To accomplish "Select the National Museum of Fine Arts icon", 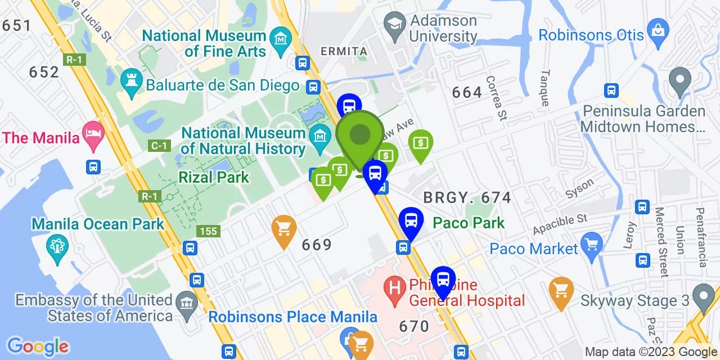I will [280, 39].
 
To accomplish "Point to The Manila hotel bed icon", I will [93, 133].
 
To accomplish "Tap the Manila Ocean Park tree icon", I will [57, 245].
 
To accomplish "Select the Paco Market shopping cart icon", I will [592, 244].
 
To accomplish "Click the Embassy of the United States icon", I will [186, 303].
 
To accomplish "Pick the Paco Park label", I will [469, 223].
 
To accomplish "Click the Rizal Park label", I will [214, 177].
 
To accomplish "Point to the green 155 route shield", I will [208, 231].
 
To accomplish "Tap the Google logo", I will [38, 346].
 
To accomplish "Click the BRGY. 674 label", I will [467, 197].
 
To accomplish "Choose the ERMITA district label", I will [344, 51].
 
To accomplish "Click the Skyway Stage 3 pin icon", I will [703, 295].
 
